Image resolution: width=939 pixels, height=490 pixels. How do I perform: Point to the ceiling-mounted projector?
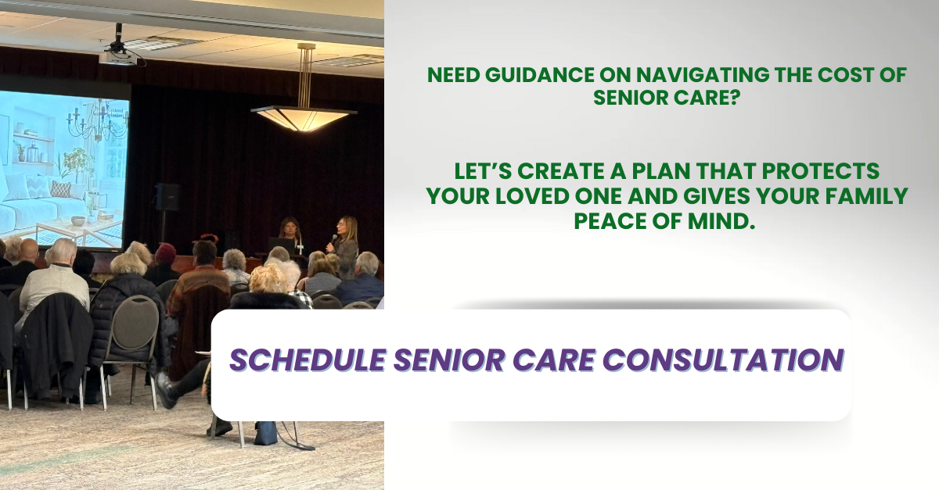118,55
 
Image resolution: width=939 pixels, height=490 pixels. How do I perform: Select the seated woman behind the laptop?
289,234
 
